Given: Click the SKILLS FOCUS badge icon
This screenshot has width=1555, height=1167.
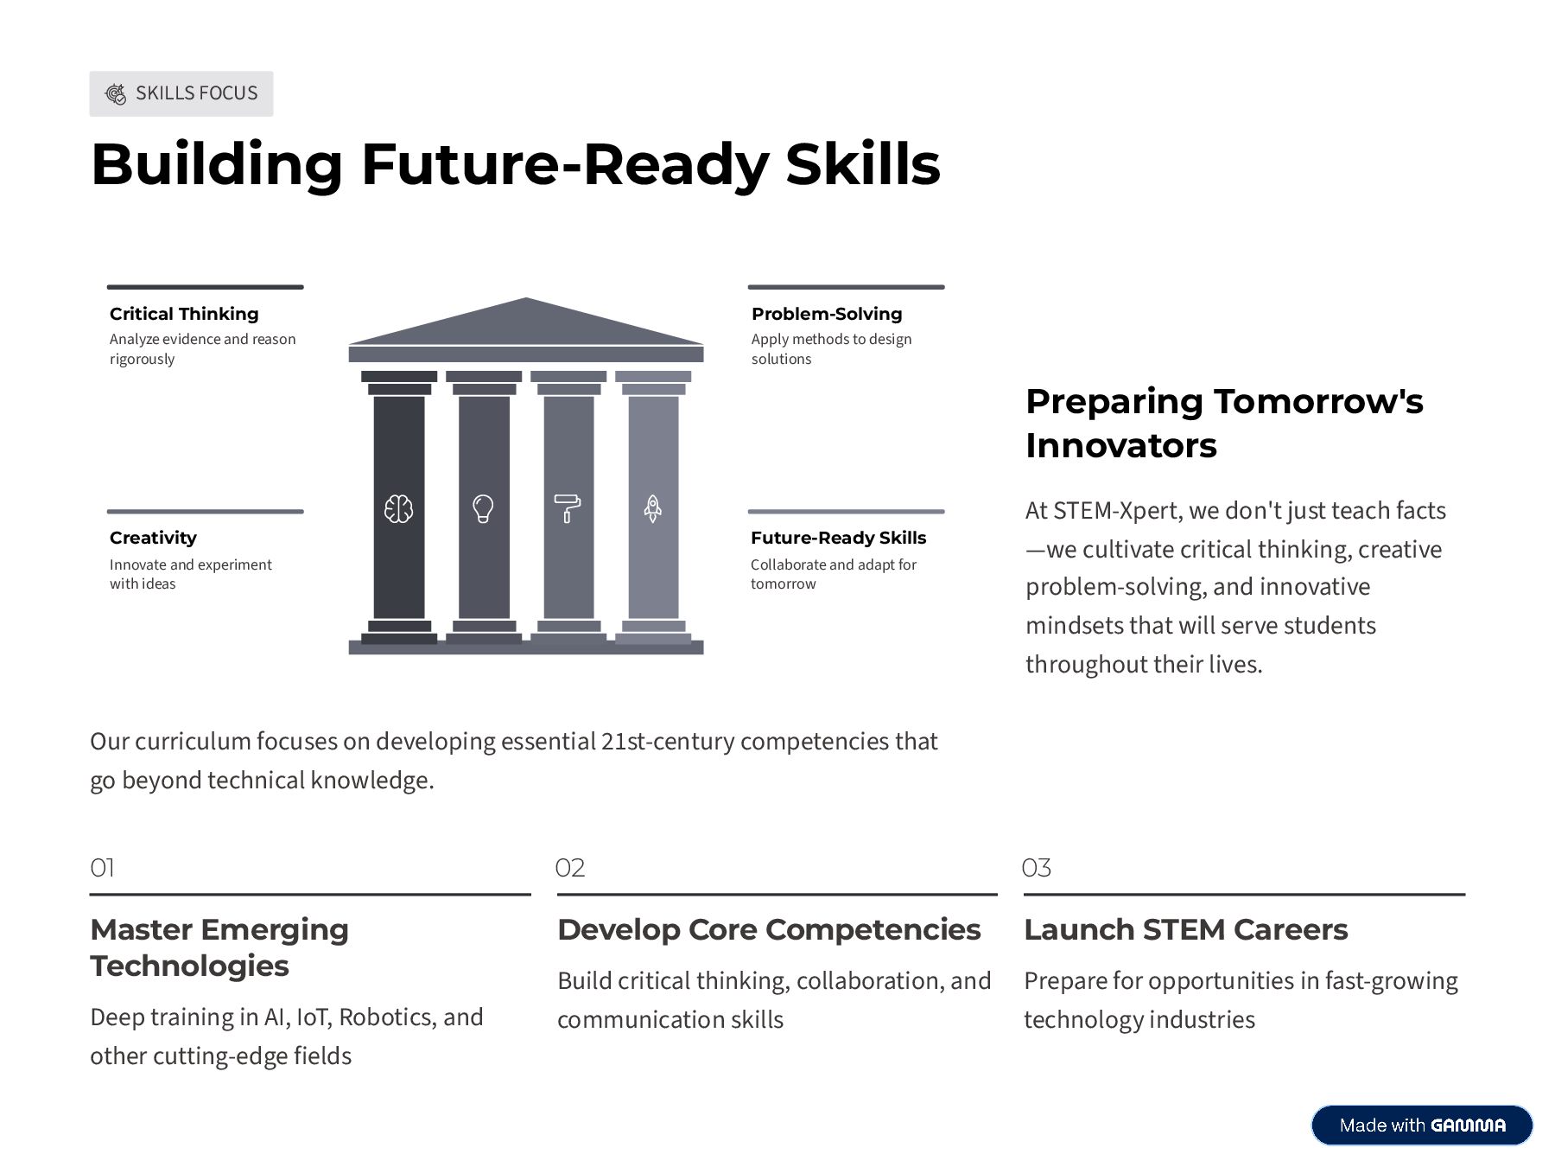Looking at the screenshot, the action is click(x=115, y=93).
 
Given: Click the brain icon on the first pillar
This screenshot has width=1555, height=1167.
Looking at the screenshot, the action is click(x=398, y=508).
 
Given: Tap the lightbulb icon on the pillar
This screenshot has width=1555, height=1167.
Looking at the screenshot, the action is click(x=483, y=508).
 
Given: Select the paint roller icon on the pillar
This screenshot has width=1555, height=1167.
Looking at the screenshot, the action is click(x=568, y=508).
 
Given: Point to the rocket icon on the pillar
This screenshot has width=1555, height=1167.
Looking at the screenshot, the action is click(x=653, y=508).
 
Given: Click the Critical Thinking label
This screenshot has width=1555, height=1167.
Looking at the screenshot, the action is click(x=184, y=314).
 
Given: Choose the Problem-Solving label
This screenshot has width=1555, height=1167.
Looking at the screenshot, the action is click(x=827, y=314).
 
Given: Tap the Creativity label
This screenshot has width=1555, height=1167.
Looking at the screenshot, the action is click(x=153, y=538).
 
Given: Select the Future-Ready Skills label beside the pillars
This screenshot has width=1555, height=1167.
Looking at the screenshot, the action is click(x=838, y=538).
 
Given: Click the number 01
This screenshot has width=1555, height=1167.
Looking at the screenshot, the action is click(x=102, y=868).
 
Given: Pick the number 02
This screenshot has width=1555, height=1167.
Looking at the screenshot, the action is click(x=570, y=868).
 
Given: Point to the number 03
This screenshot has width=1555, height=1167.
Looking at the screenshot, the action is click(x=1037, y=868).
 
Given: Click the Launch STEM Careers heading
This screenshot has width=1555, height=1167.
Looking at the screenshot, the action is click(x=1185, y=929).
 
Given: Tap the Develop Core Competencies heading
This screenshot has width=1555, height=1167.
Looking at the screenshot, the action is click(x=769, y=929).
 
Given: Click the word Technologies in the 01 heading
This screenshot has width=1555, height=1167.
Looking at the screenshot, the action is click(x=189, y=966).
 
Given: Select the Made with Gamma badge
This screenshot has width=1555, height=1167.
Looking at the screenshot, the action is click(x=1422, y=1125).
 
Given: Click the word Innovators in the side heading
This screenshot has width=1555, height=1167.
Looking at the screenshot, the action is click(x=1121, y=446).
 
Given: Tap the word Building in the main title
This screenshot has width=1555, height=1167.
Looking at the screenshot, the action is click(x=217, y=164).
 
